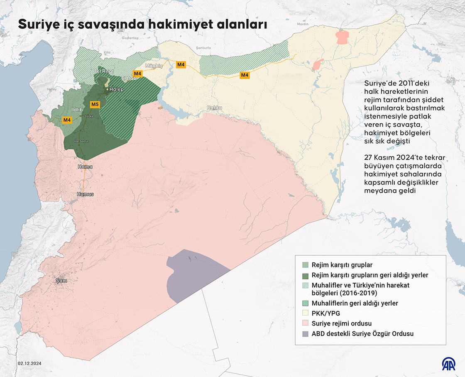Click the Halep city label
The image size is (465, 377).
[x=116, y=89]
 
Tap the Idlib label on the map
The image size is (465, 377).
[x=78, y=110]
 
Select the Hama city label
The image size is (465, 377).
[x=85, y=166]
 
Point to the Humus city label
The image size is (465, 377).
[x=85, y=194]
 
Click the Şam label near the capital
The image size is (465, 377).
[x=61, y=281]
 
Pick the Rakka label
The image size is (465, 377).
[x=215, y=108]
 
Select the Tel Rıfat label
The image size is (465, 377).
[x=104, y=71]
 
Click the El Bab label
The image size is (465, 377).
[x=129, y=78]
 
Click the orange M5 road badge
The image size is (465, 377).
[x=95, y=104]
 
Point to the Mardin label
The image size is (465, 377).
[x=303, y=24]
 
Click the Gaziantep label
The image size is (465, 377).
[x=130, y=38]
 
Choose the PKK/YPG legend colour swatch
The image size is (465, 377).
[x=305, y=313]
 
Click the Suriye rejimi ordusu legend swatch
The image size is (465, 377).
[x=305, y=323]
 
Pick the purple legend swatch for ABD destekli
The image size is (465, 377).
[x=305, y=333]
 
